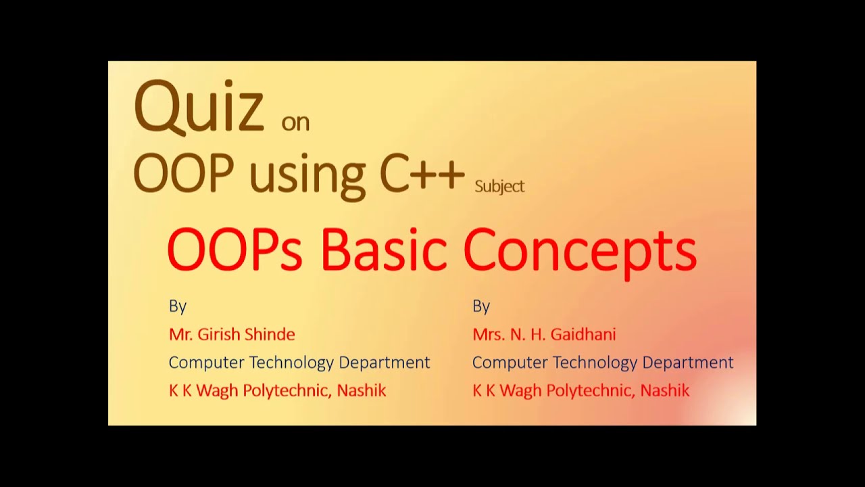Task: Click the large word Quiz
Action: (199, 107)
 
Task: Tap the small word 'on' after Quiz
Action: (295, 122)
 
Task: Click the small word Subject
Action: (499, 187)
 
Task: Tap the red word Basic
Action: (383, 249)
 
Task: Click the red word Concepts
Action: (580, 250)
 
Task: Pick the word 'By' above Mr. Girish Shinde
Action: (177, 306)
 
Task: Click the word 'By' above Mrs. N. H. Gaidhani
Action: (481, 306)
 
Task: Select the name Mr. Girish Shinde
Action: (232, 334)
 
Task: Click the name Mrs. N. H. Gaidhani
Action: (544, 334)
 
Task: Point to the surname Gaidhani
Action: (584, 334)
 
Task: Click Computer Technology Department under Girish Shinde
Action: (299, 363)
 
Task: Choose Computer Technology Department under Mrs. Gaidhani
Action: (603, 363)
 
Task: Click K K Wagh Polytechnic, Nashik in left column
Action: (277, 390)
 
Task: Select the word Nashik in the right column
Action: (665, 390)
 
